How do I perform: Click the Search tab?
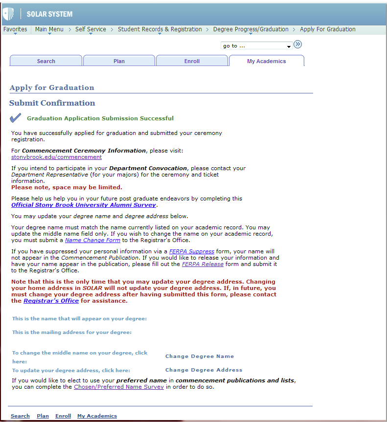[46, 61]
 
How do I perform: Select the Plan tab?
[119, 61]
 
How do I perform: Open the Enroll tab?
[192, 61]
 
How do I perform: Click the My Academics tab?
[266, 61]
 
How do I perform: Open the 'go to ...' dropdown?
[257, 46]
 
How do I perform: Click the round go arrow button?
[298, 45]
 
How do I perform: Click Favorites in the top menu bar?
[15, 29]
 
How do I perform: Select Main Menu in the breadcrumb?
[49, 29]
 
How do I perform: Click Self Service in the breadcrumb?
[91, 29]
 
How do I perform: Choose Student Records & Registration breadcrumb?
[159, 29]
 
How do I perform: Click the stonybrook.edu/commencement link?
[56, 157]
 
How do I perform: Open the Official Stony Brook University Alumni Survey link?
[84, 205]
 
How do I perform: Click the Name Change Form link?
[92, 241]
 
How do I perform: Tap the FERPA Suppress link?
[192, 251]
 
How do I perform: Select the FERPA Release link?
[203, 264]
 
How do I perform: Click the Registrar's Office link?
[51, 301]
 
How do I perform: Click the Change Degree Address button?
[204, 370]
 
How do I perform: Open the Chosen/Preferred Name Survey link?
[119, 387]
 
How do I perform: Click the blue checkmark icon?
[16, 118]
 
